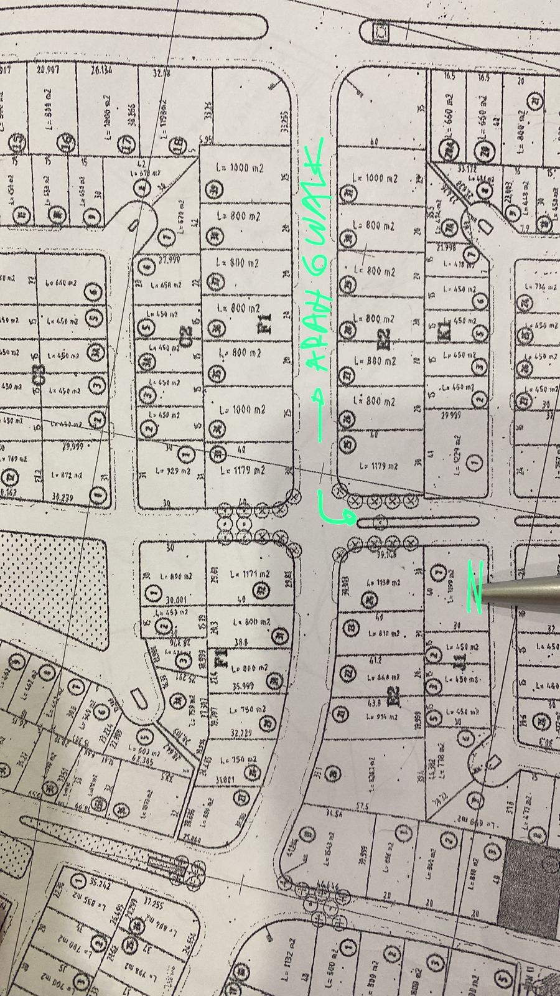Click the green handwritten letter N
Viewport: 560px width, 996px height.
pyautogui.click(x=475, y=586)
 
